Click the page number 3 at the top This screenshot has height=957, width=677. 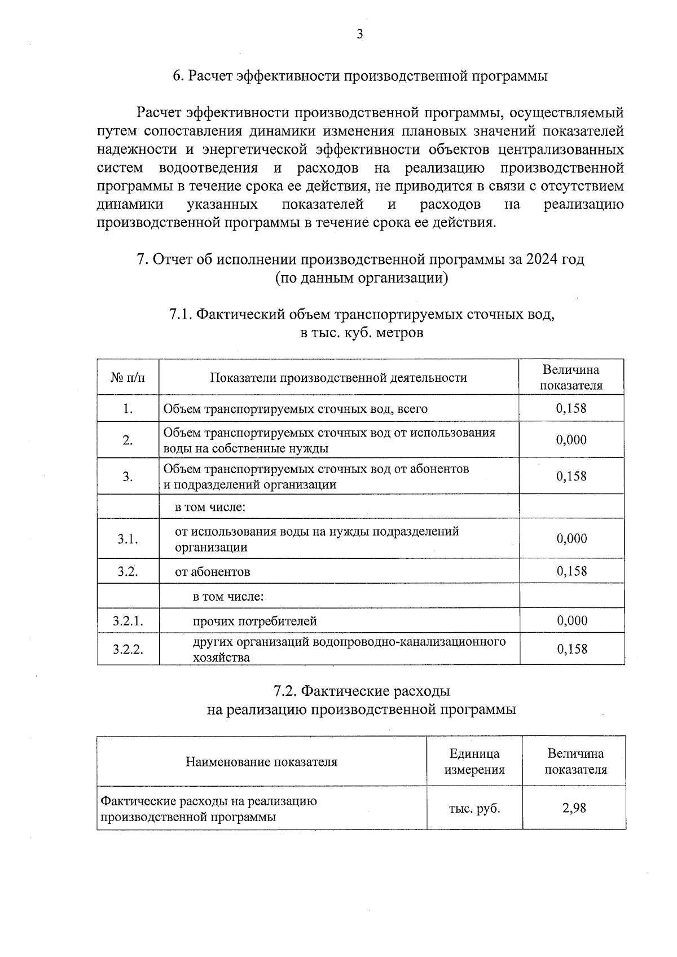tap(360, 35)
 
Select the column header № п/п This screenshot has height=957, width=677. tap(128, 378)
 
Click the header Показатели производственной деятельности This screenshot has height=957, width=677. tap(338, 378)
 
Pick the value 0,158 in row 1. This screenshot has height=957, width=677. tap(571, 408)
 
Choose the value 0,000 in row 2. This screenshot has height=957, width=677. tap(571, 440)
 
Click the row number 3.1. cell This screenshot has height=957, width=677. tap(128, 539)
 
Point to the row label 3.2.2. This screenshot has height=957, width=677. tap(128, 649)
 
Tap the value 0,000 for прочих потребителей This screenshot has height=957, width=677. tap(572, 621)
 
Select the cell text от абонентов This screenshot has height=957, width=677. tap(212, 572)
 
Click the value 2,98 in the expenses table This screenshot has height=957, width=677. tap(574, 808)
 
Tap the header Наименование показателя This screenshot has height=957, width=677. tap(261, 762)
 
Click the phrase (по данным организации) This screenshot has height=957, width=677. tap(361, 278)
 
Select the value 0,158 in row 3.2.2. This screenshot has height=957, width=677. tap(572, 649)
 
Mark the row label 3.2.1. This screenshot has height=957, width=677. tap(128, 621)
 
